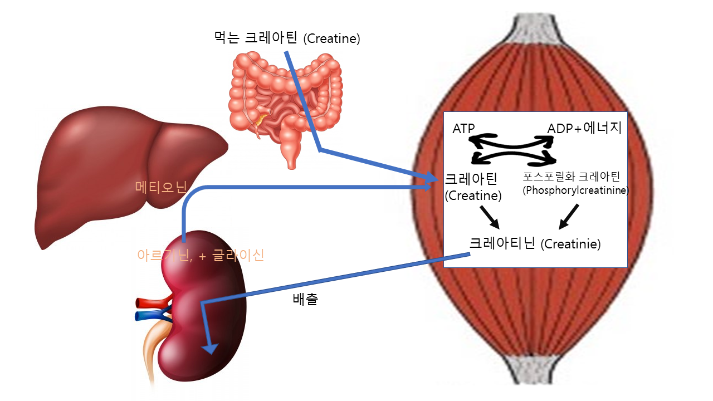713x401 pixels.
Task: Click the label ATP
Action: coord(463,129)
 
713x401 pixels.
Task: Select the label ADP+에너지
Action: coord(584,129)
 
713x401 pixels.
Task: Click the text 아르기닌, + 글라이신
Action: coord(201,255)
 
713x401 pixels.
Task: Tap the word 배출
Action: coord(305,299)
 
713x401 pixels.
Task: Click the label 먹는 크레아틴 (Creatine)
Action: coord(287,39)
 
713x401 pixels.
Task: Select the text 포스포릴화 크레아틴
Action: coord(572,177)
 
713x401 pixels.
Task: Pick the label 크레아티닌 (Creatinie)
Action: coord(535,244)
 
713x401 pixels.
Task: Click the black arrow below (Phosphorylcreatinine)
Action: coord(569,216)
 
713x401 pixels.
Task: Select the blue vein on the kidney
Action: coord(152,316)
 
